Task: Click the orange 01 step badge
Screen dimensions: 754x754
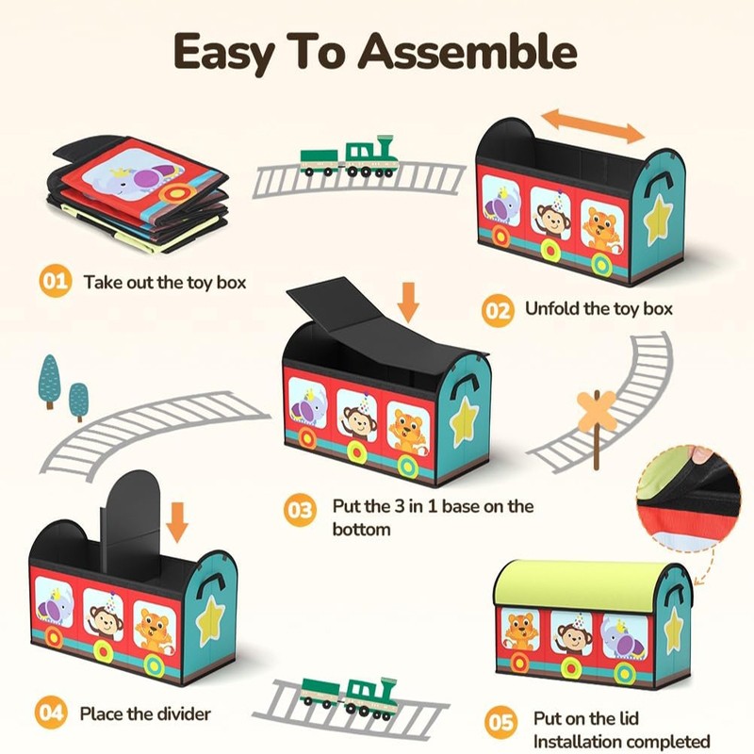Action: point(56,281)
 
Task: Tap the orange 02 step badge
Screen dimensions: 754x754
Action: point(498,311)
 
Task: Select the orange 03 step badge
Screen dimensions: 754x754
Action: point(300,510)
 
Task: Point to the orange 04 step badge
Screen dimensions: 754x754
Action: point(51,713)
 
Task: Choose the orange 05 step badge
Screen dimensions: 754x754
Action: point(501,722)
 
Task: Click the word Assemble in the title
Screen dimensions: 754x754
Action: point(467,52)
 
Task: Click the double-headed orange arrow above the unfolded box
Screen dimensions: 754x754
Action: point(593,125)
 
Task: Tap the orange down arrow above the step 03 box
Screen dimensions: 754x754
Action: point(408,302)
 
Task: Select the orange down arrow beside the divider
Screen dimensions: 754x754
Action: point(177,522)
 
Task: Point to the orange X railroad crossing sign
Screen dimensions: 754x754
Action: point(597,412)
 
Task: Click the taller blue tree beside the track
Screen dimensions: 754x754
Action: point(50,382)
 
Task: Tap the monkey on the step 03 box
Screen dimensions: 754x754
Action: point(359,418)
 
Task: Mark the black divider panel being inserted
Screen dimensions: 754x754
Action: point(130,521)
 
